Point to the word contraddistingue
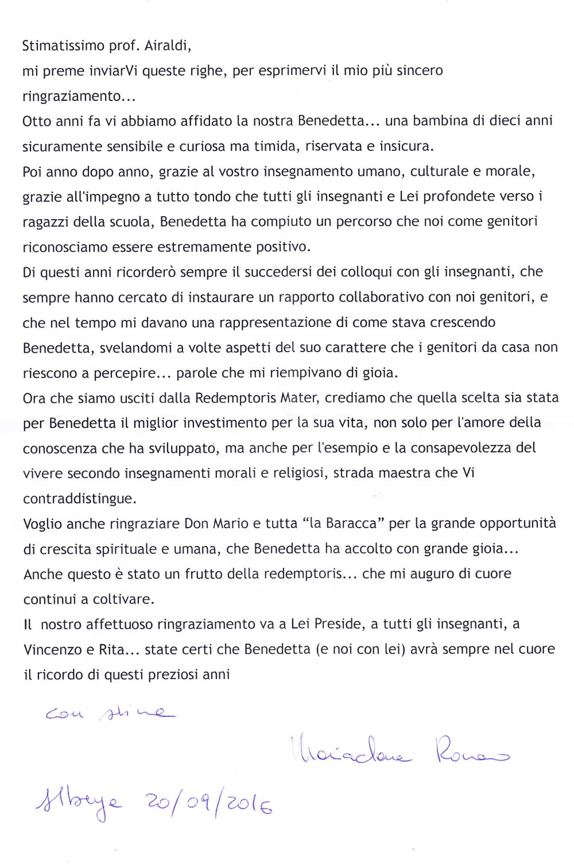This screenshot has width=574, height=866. click(x=79, y=499)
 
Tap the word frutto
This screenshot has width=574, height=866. click(x=204, y=574)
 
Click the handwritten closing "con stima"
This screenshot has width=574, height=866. click(x=109, y=713)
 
